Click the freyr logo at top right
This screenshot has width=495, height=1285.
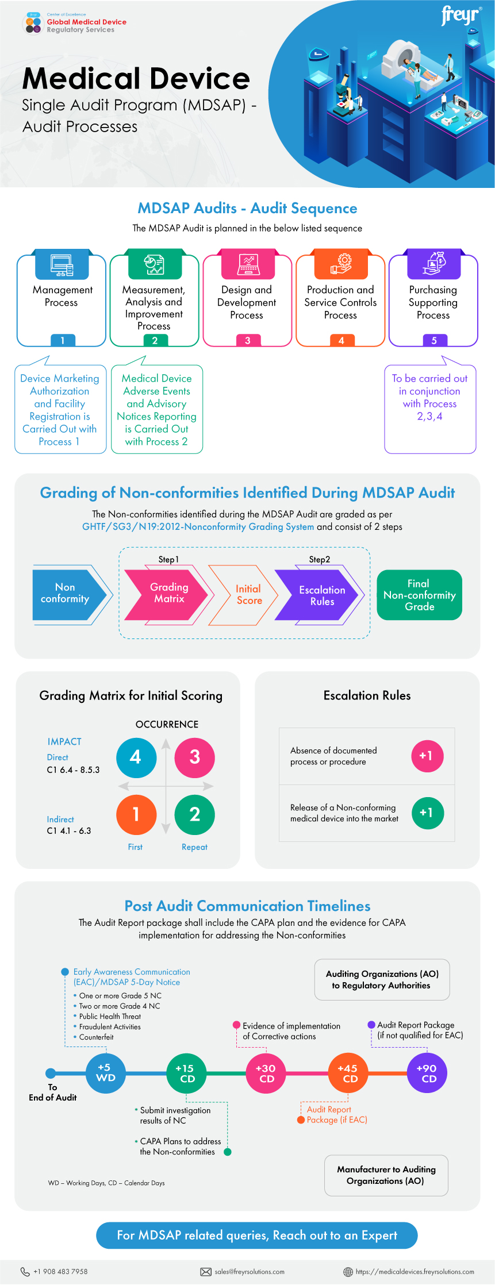point(461,16)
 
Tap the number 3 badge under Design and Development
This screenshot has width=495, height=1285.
point(248,340)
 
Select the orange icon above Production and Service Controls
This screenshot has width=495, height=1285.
point(341,264)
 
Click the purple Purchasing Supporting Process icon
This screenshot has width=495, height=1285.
point(434,264)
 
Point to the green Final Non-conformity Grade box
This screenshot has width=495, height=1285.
point(419,595)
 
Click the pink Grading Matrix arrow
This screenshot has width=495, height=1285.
point(167,594)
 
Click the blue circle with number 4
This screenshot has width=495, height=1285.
point(136,757)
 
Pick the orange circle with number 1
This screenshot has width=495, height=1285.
point(136,814)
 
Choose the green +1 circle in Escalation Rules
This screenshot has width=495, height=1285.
point(427,813)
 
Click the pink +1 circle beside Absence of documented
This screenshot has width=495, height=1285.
point(427,756)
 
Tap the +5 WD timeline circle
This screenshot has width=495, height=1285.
point(105,1072)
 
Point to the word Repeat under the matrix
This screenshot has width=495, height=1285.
point(194,847)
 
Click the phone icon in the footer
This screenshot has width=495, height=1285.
point(25,1272)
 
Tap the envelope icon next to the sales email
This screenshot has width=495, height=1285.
point(205,1272)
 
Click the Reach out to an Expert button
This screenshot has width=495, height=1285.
point(256,1236)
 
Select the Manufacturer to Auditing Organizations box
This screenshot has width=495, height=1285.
point(386,1175)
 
